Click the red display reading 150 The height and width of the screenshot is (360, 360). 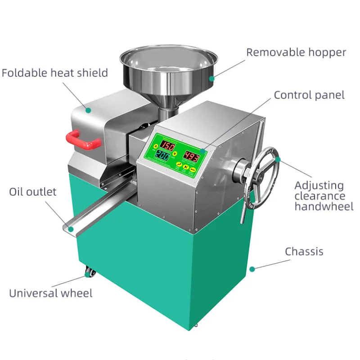pos(168,146)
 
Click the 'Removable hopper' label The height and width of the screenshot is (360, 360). pos(296,52)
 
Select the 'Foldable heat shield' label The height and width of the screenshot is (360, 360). pos(55,72)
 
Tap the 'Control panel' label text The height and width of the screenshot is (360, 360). pos(309,95)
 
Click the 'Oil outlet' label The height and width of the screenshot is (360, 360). pos(33,192)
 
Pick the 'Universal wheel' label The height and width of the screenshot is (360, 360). pos(51,293)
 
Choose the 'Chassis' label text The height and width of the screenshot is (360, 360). pos(304,251)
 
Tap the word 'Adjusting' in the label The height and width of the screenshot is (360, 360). pos(319,185)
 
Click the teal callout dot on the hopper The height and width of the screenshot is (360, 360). pos(212,77)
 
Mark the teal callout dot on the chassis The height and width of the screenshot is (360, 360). pos(252,269)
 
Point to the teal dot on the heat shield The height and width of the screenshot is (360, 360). pos(89,109)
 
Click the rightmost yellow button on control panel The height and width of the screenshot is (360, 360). pos(193,170)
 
